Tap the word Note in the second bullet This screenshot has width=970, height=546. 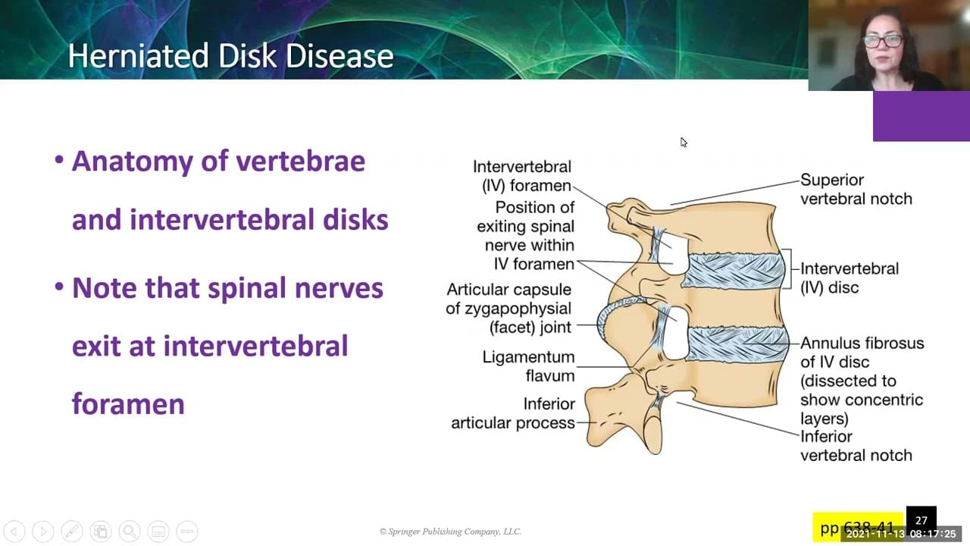105,288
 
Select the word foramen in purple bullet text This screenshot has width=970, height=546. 128,403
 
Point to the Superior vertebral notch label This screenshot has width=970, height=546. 856,190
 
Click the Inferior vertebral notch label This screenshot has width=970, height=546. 856,446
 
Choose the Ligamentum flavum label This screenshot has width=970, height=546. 528,366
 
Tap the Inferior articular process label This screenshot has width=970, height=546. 513,413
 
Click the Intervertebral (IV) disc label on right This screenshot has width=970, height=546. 849,278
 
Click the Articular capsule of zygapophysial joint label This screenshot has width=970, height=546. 508,309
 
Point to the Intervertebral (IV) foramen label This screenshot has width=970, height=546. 521,176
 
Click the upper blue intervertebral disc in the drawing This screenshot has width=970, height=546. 732,271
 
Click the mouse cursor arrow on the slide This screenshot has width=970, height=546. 683,142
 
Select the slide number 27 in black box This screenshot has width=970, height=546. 921,520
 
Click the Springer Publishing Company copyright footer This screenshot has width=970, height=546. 450,532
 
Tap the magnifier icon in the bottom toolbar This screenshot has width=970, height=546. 129,532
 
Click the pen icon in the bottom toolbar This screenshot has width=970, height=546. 71,532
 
